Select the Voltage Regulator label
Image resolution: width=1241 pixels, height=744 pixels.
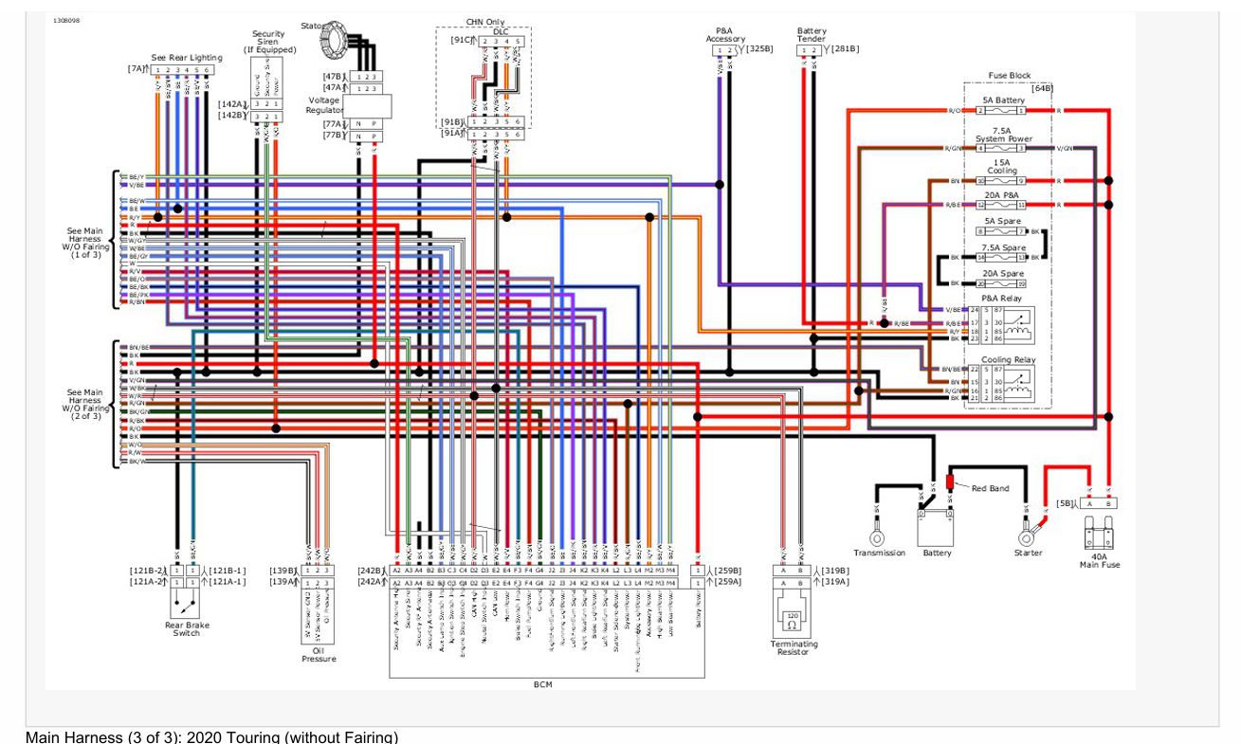[x=323, y=105]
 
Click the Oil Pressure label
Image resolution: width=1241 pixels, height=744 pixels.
[x=318, y=653]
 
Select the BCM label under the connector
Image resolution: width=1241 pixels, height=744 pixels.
[x=542, y=683]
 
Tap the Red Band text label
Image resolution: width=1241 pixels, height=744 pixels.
[x=990, y=488]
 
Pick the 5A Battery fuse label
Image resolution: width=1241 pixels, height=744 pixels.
[x=1002, y=100]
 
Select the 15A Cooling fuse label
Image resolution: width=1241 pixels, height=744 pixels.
[x=1002, y=167]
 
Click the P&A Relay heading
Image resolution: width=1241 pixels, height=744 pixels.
[x=1002, y=298]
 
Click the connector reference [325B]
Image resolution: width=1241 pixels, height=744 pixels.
[x=759, y=48]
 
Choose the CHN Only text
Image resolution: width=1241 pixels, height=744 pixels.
[x=486, y=21]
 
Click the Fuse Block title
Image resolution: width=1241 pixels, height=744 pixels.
[x=1009, y=75]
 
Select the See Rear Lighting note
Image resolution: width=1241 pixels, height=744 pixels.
[x=187, y=57]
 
